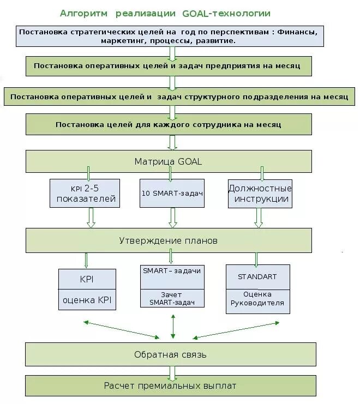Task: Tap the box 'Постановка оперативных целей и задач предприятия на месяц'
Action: [169, 65]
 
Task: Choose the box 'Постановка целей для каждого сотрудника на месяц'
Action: [169, 124]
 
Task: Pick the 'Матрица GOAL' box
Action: [169, 161]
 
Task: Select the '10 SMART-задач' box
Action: [172, 194]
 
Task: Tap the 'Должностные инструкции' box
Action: [260, 194]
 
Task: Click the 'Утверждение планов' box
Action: [169, 240]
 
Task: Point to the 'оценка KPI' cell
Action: [87, 299]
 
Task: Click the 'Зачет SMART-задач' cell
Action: [172, 298]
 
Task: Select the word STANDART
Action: [257, 276]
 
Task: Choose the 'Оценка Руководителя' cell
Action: [257, 299]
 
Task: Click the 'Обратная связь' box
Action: [170, 354]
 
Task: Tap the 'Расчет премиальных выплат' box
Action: [170, 386]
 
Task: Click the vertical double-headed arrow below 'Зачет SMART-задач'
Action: [173, 325]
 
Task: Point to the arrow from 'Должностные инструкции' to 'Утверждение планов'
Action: [259, 218]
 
